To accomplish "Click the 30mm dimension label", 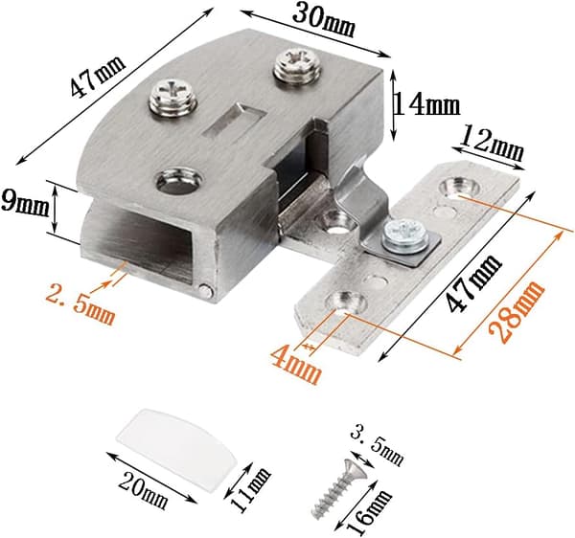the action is (x=324, y=20).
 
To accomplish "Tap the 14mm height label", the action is (x=426, y=106).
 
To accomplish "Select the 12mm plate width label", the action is (x=492, y=143).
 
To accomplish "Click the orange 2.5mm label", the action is (x=80, y=303).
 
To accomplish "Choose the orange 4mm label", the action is (x=295, y=364).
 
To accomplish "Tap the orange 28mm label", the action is (x=517, y=311).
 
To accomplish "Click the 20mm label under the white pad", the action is (x=143, y=488).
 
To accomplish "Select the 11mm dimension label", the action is (x=250, y=489).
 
